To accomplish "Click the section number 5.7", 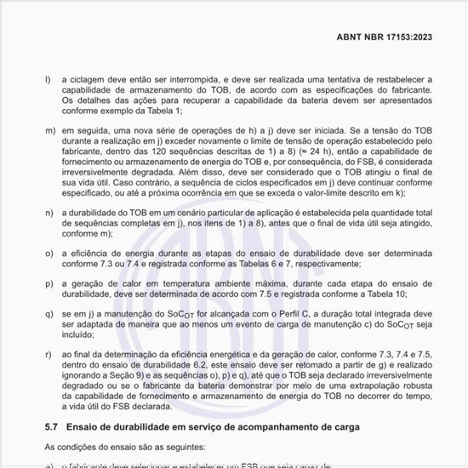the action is coord(51,425).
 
